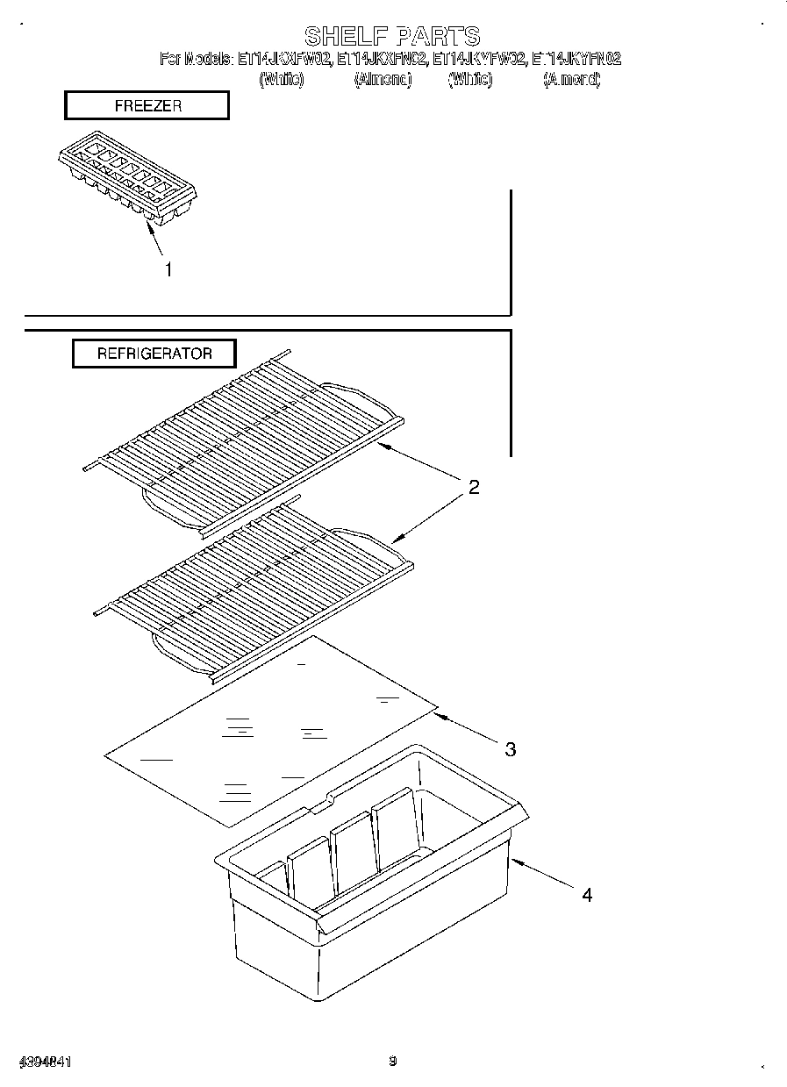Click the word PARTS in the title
tap(438, 36)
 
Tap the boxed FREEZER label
tap(147, 105)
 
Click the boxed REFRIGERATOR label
tap(154, 354)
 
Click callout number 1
tap(168, 270)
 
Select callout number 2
tap(474, 488)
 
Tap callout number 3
tap(510, 748)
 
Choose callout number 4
tap(587, 895)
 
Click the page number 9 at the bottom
tap(393, 1062)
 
